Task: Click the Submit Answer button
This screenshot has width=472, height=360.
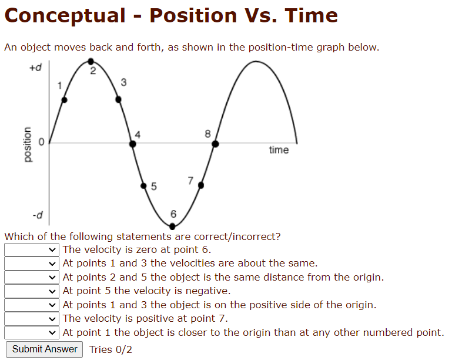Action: point(45,349)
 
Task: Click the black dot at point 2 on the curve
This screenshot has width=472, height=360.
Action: point(91,61)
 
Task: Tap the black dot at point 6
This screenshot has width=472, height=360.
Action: point(173,225)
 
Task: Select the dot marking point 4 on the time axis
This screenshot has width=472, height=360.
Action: point(133,143)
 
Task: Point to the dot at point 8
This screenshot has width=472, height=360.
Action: point(216,143)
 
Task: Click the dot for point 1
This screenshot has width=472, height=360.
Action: point(65,100)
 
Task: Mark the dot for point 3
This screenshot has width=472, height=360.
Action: point(118,99)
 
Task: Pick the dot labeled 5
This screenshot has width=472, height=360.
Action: point(144,186)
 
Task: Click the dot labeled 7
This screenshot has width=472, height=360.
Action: point(201,185)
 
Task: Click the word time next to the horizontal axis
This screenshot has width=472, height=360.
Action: point(279,150)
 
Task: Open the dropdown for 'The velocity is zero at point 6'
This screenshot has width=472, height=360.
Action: point(31,249)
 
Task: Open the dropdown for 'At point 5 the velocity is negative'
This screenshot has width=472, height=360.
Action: point(31,291)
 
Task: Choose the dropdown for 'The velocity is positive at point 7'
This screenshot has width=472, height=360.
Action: point(31,318)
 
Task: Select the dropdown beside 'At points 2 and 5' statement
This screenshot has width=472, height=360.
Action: point(31,277)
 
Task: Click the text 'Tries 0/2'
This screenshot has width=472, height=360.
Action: point(111,349)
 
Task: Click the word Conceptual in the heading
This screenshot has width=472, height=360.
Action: point(65,15)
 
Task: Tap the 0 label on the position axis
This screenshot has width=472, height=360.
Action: point(41,142)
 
